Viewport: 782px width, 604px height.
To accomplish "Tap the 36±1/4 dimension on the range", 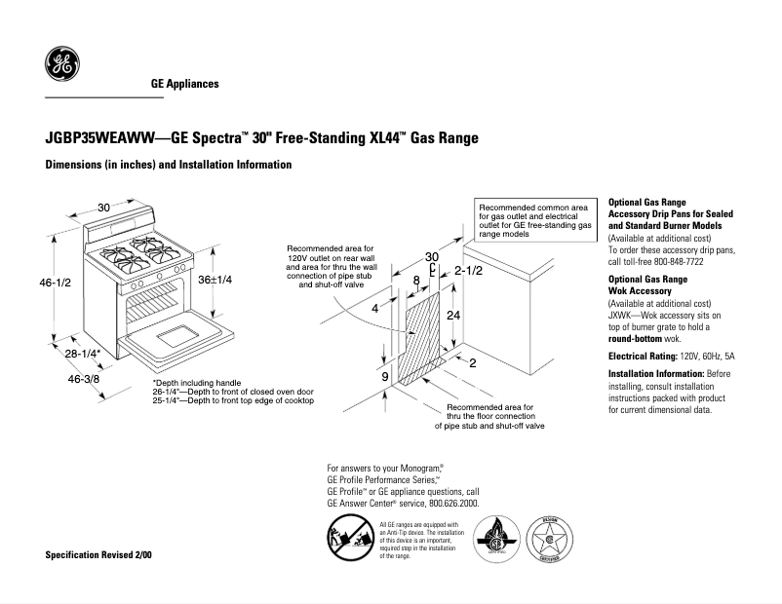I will click(215, 280).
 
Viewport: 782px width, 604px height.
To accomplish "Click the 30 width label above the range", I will click(103, 208).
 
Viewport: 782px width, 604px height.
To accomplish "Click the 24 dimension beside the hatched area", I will click(453, 317).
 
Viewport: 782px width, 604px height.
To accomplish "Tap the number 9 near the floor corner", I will click(385, 376).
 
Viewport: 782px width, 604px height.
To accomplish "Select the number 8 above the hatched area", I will click(416, 281).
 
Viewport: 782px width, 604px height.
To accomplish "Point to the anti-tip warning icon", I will click(348, 539).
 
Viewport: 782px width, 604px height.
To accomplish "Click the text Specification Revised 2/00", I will click(99, 553).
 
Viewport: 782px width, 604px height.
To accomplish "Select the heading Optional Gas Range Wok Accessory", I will click(647, 284).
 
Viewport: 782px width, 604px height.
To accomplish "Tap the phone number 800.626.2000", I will click(452, 504).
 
